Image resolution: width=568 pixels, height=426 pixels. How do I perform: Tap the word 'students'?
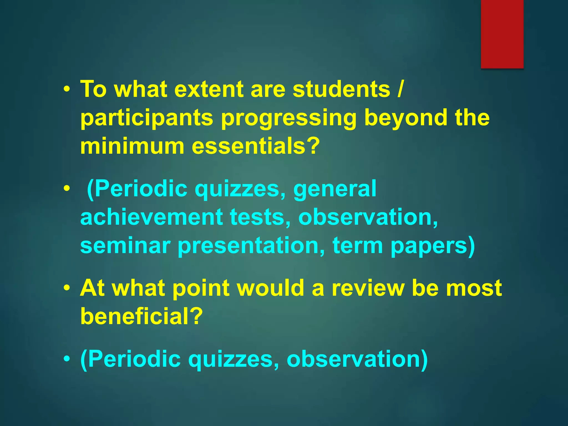341,89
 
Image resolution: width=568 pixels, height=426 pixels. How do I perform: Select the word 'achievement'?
151,217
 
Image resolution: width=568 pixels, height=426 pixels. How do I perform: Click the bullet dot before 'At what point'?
67,288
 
